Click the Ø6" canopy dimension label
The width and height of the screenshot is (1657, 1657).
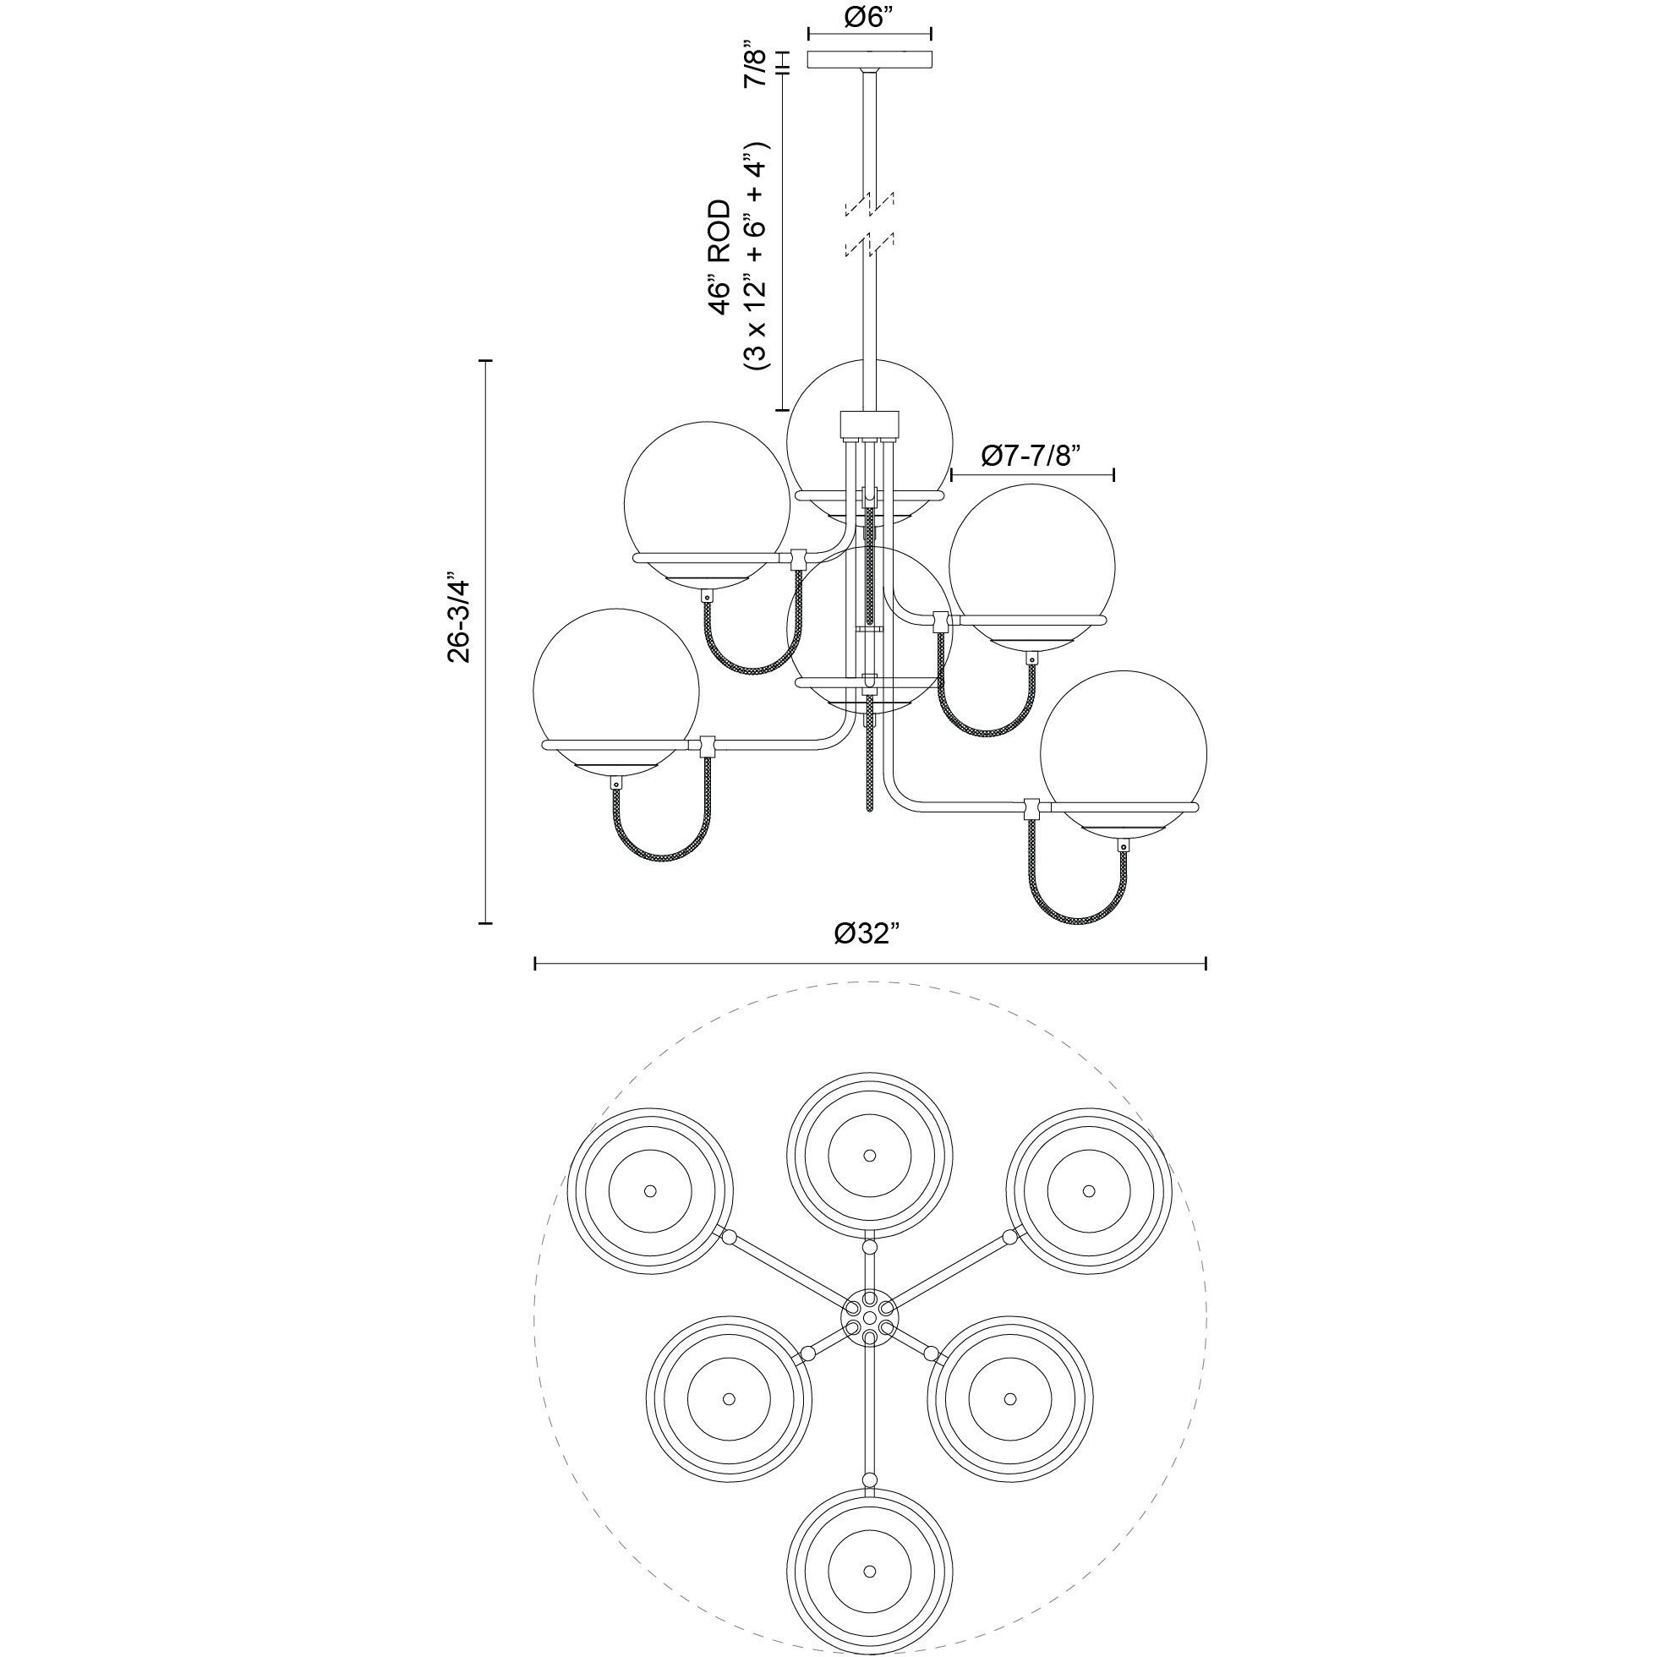pos(870,18)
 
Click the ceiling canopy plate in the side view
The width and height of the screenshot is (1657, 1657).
pos(871,60)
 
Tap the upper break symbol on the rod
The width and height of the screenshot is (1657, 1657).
pos(870,204)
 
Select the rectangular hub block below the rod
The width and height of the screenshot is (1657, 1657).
pos(870,423)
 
